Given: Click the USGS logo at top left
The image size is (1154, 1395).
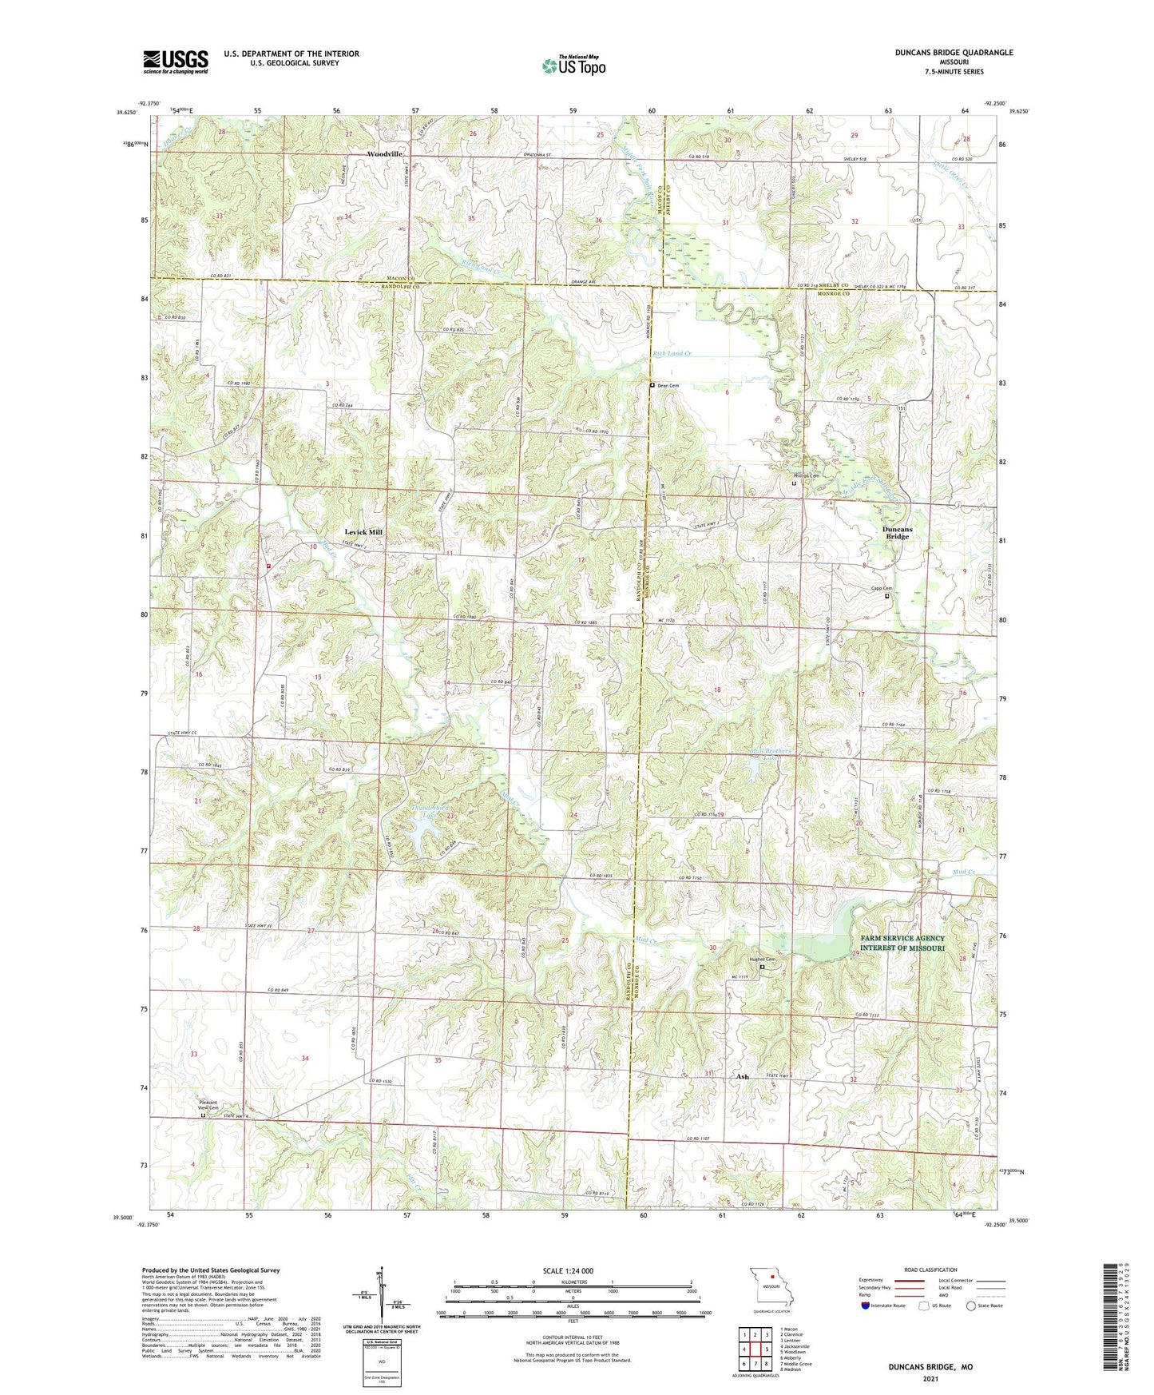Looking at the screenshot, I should [x=176, y=62].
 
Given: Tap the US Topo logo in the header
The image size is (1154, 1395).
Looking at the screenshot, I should [x=573, y=66].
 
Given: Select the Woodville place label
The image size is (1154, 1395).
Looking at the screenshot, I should [x=384, y=153].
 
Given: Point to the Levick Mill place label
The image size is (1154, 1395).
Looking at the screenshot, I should [x=363, y=532].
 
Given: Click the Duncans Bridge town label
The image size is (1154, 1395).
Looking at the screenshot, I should [x=897, y=533].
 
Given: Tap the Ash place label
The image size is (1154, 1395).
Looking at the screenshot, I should [x=742, y=1076].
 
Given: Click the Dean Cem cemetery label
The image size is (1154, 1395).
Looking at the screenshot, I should [x=668, y=386].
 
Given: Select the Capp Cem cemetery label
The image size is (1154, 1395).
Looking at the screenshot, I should [x=881, y=589].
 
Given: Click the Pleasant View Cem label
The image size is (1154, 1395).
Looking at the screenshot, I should [x=208, y=1105].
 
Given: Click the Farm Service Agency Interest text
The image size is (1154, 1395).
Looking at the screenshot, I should [x=902, y=943].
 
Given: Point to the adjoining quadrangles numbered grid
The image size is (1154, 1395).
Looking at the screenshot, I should [x=755, y=1350].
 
